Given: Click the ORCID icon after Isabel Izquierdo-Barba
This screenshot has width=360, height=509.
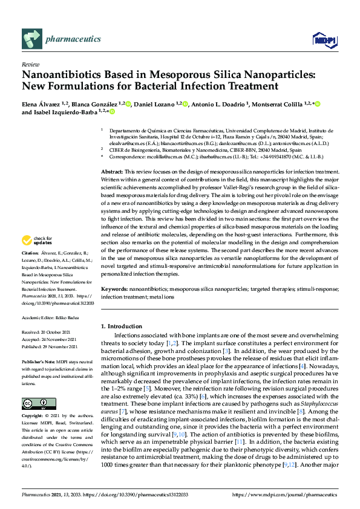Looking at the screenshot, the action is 112,112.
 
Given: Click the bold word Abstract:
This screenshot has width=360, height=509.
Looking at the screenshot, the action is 111,172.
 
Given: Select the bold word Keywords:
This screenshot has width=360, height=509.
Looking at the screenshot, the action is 114,290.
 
